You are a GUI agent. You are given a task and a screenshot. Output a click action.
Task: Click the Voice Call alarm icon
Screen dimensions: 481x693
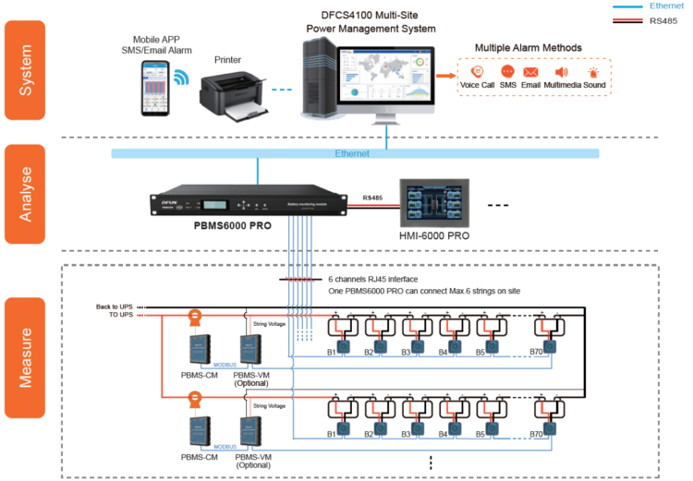click(x=477, y=72)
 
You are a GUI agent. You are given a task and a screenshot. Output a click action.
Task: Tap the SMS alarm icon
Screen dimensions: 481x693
click(x=507, y=72)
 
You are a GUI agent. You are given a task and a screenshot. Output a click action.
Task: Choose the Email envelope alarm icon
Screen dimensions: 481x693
click(x=530, y=72)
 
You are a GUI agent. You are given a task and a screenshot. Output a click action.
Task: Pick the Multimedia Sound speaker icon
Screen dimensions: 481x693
click(x=560, y=72)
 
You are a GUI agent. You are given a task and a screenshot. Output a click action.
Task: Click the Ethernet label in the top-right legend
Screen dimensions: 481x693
click(x=666, y=6)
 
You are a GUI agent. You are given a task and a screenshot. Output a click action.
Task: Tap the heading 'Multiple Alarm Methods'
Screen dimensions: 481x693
click(x=528, y=47)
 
